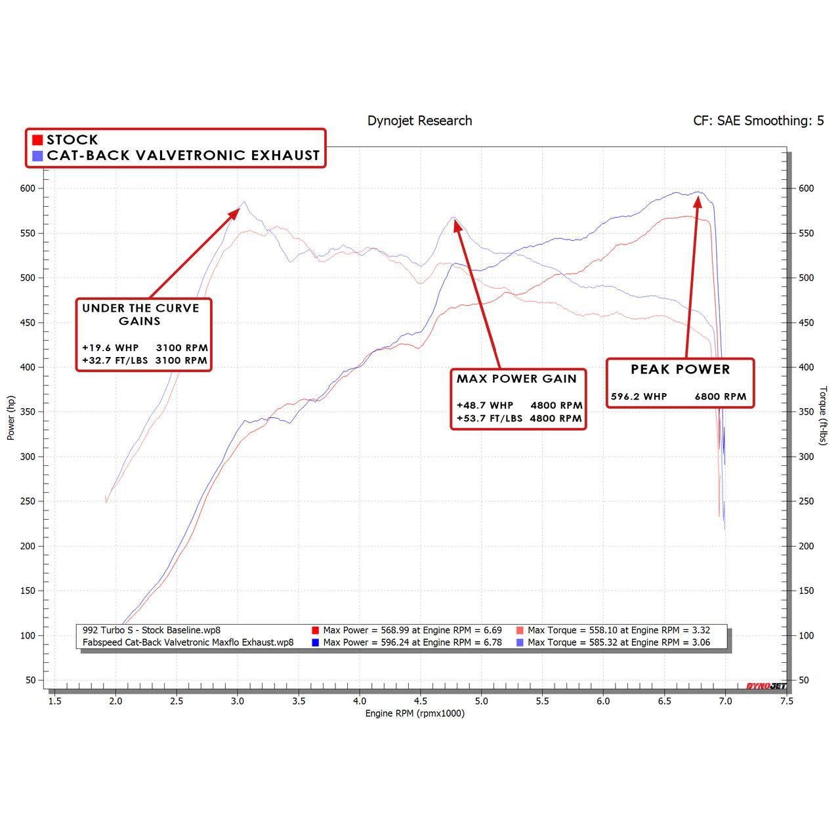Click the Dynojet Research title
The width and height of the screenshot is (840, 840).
419,121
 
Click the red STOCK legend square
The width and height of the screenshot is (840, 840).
37,140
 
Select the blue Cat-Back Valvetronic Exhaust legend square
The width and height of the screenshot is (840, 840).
37,156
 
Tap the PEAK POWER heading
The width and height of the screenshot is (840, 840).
680,369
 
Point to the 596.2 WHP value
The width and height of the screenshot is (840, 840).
639,396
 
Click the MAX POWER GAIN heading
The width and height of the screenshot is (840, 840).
516,379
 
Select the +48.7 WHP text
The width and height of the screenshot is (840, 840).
485,406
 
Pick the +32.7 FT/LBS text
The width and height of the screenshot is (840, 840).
115,360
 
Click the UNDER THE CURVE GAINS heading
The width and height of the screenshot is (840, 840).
140,314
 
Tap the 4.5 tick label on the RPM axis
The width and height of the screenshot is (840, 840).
421,701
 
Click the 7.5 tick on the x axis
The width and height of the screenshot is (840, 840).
786,701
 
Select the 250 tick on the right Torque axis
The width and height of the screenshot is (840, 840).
805,501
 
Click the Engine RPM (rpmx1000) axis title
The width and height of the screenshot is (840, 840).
415,713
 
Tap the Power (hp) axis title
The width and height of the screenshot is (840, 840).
10,417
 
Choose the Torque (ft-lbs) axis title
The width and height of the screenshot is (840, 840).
824,415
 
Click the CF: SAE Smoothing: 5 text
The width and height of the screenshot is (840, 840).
758,121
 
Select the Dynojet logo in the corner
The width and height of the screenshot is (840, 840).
766,686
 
